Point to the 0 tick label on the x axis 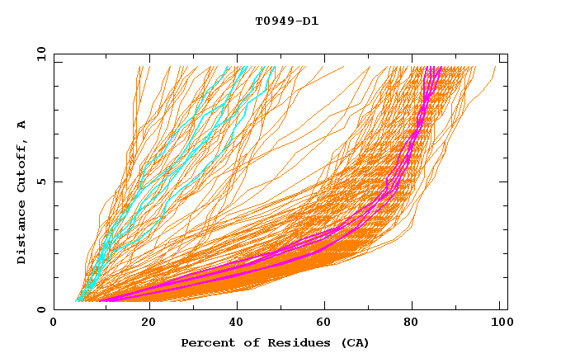click(x=54, y=323)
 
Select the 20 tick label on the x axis click(x=149, y=323)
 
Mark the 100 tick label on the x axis click(x=497, y=323)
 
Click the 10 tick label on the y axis click(x=40, y=54)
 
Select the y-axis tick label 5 click(x=44, y=181)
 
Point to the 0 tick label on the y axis click(x=44, y=309)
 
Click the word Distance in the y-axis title click(x=22, y=234)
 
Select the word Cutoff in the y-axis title click(x=22, y=163)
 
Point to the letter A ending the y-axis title click(x=22, y=124)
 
